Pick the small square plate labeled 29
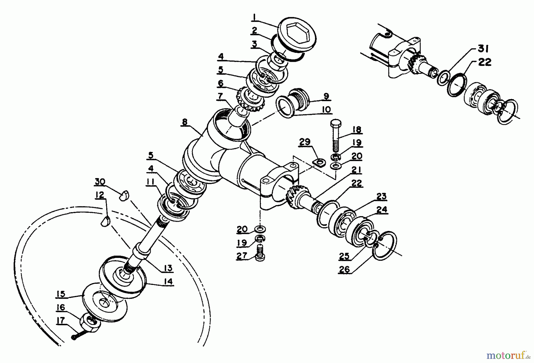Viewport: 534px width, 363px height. pos(319,162)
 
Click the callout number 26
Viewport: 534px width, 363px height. pos(344,269)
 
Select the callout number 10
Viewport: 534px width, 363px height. pos(325,110)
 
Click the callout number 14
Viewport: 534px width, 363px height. pos(168,281)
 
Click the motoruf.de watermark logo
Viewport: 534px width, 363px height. pos(508,355)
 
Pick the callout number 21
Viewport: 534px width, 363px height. pos(356,170)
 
